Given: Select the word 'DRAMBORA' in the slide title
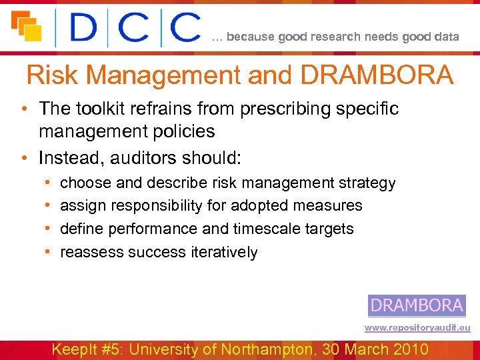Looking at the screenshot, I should [x=377, y=75].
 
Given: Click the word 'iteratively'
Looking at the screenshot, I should [x=225, y=252].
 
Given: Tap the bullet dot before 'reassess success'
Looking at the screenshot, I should [x=49, y=252].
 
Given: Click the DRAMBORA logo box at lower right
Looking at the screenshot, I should [x=417, y=305].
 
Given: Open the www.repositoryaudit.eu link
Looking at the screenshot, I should [x=417, y=328].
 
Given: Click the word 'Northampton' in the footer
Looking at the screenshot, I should [x=280, y=349].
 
